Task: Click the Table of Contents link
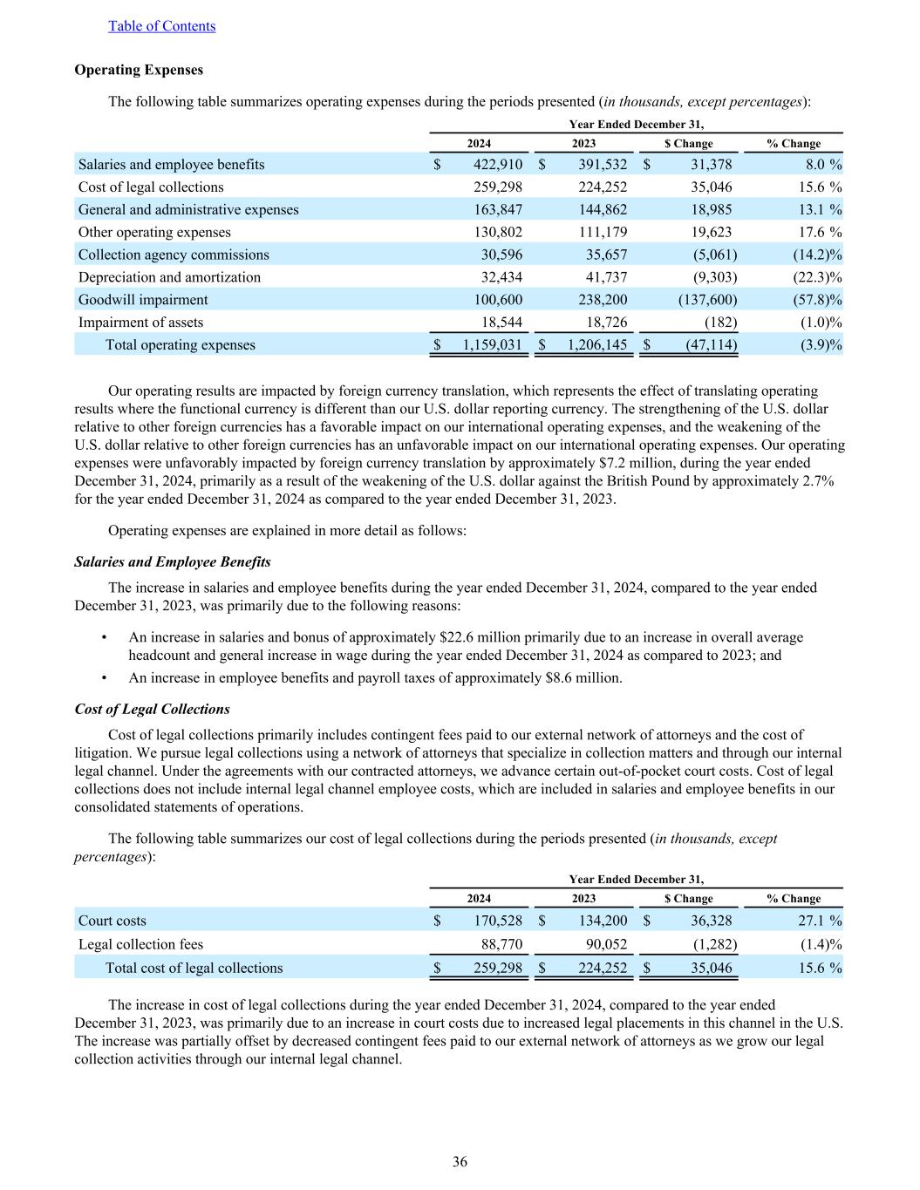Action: click(x=161, y=26)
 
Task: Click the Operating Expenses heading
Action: click(x=139, y=70)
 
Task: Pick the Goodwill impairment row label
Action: click(x=143, y=300)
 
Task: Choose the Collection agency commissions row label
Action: click(x=174, y=255)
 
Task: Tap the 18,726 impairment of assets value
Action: click(x=603, y=323)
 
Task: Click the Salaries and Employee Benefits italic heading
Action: click(x=173, y=561)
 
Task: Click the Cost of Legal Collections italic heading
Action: click(x=153, y=709)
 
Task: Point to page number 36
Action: click(x=460, y=1161)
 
